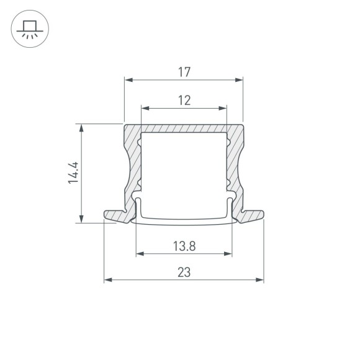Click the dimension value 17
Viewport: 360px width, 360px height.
(183, 72)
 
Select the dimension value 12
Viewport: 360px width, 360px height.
(183, 99)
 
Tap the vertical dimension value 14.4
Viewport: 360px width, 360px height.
(73, 173)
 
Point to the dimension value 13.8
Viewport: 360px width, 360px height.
(184, 246)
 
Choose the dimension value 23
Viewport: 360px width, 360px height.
(183, 272)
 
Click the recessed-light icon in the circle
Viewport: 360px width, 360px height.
(29, 29)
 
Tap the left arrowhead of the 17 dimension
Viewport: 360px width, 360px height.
(128, 79)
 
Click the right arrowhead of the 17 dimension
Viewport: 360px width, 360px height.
(239, 79)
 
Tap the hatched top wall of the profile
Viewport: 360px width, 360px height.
(184, 127)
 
